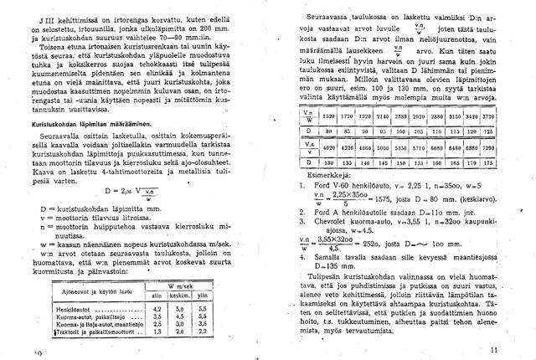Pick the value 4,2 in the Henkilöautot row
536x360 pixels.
coord(154,309)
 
